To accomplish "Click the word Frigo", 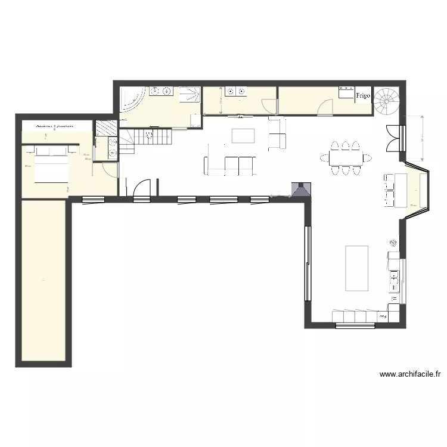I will [x=363, y=95].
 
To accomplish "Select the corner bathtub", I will [x=131, y=98].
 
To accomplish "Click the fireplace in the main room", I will [x=300, y=189].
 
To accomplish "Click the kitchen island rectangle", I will [x=356, y=268].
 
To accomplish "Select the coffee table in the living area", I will [x=242, y=136].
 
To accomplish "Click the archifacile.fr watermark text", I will [x=409, y=375].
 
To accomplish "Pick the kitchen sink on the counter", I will [x=394, y=277].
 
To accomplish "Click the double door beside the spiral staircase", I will [x=393, y=138].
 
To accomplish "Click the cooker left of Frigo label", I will [x=346, y=92].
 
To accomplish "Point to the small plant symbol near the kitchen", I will [x=393, y=242].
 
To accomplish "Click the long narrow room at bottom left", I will [x=43, y=280].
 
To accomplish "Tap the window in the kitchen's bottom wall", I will [x=355, y=325].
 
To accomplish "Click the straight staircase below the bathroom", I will [x=147, y=139].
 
